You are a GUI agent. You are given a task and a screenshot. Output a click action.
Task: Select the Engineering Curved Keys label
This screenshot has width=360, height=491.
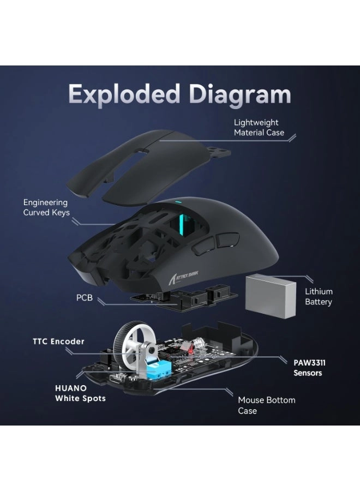click(x=46, y=207)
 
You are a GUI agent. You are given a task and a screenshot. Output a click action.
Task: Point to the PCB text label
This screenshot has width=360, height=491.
click(x=85, y=298)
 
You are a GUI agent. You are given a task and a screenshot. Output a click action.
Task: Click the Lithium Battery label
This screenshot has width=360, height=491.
click(x=319, y=297)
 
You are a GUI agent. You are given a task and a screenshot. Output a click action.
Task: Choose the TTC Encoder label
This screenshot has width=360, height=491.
click(x=59, y=342)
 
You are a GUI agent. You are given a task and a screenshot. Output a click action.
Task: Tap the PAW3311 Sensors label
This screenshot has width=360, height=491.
click(x=308, y=367)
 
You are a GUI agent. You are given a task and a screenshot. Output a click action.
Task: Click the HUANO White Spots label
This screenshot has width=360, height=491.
click(x=80, y=393)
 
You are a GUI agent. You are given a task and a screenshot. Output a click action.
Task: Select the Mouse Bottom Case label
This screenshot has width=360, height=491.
click(x=266, y=405)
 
